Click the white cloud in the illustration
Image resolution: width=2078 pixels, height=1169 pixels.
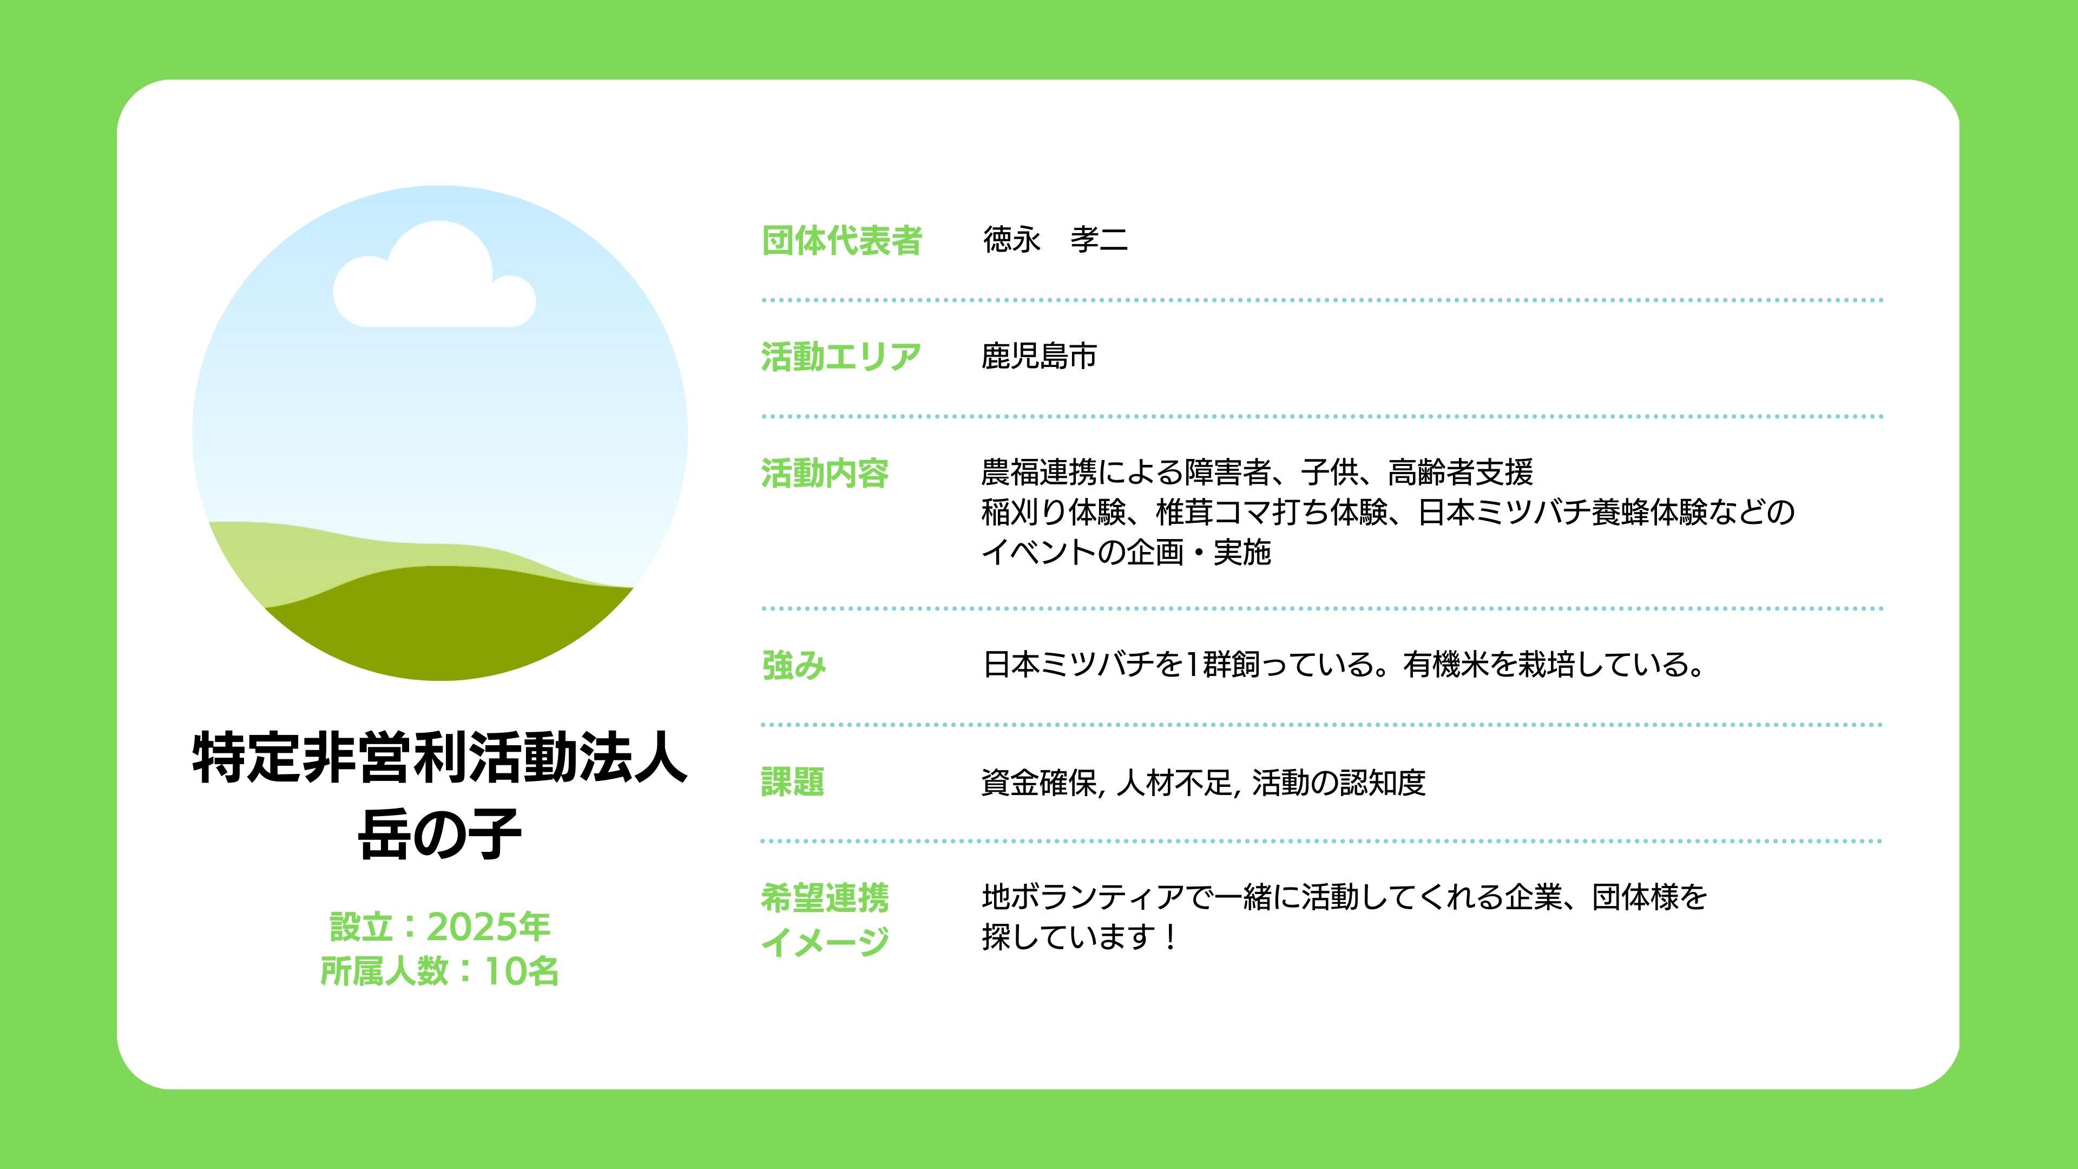[x=434, y=278]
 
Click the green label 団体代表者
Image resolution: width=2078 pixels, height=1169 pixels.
[x=841, y=240]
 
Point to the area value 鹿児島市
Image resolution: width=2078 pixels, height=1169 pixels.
[x=1039, y=356]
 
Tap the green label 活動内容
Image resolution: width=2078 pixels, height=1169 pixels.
[x=824, y=473]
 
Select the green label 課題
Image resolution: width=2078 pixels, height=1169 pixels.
[x=792, y=781]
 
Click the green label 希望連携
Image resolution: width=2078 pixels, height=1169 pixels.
[x=824, y=898]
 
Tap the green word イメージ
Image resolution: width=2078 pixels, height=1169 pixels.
[x=824, y=941]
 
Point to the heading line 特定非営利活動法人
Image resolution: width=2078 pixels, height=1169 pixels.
[x=439, y=758]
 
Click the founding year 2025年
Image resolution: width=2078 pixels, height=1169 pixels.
[x=488, y=927]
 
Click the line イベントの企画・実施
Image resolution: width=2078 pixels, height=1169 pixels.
[x=1126, y=553]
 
